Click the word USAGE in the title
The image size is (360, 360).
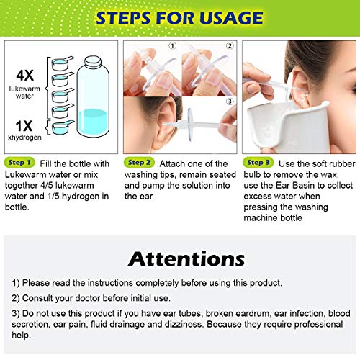[231, 18]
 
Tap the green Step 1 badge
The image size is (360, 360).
[19, 163]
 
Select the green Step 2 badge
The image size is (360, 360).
[139, 163]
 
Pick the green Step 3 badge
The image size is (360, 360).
[258, 163]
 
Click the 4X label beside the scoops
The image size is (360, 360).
[24, 76]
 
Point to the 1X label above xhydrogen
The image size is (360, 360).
[24, 126]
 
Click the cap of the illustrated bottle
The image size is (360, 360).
[93, 62]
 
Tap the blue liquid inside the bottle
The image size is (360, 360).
[93, 123]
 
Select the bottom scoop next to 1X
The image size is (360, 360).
[63, 127]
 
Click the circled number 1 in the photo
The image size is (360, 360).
[173, 45]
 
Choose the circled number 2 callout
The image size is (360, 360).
[230, 45]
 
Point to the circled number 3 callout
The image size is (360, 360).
[230, 102]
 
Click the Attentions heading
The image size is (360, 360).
[186, 259]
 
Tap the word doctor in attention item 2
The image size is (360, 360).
[87, 298]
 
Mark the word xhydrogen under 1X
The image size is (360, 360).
[24, 138]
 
